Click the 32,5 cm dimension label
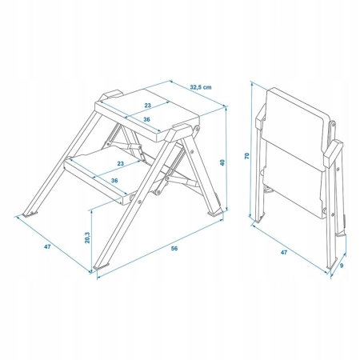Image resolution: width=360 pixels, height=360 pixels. (201, 87)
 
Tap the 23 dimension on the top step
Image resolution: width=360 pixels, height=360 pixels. (147, 106)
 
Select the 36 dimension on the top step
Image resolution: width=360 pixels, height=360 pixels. (146, 120)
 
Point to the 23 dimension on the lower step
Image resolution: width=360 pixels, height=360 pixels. (121, 163)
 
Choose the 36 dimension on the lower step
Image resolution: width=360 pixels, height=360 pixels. (114, 181)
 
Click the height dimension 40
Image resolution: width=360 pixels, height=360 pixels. (222, 162)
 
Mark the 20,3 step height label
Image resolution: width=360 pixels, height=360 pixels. (87, 238)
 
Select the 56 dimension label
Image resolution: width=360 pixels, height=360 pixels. (174, 249)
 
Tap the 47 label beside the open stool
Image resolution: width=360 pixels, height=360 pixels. (47, 247)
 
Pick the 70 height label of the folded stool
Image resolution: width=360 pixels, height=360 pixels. (246, 156)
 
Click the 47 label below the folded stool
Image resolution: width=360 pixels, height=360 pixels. (284, 252)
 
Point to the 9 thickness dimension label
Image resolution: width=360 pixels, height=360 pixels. (342, 266)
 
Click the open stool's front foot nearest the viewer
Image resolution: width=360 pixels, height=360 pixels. (102, 266)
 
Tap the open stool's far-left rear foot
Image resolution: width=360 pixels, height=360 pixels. (30, 214)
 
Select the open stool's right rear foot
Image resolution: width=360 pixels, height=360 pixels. (215, 213)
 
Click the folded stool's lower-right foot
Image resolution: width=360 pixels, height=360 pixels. (331, 266)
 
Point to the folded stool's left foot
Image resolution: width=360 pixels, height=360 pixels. (259, 219)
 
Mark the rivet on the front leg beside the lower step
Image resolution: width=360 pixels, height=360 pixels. (139, 202)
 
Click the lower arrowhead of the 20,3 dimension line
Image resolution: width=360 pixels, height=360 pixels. (91, 270)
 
